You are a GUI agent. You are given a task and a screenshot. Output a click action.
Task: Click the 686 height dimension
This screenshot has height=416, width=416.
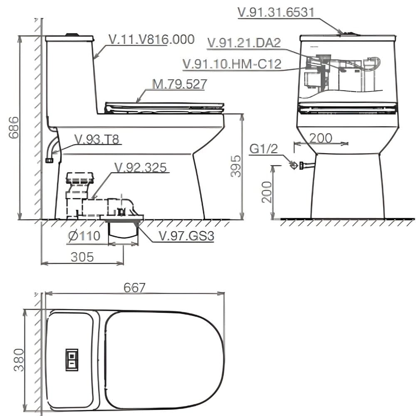pyautogui.click(x=14, y=128)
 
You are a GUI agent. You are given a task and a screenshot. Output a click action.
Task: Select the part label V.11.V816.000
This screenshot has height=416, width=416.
pyautogui.click(x=151, y=40)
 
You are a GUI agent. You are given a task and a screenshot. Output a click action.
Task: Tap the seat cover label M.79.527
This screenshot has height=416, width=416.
pyautogui.click(x=179, y=84)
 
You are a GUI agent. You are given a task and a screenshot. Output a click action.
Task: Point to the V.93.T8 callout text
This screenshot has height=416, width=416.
pyautogui.click(x=97, y=139)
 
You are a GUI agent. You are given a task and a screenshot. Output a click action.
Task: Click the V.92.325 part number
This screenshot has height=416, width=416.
pyautogui.click(x=140, y=167)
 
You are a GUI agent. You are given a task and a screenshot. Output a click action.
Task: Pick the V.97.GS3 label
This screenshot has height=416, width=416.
pyautogui.click(x=186, y=236)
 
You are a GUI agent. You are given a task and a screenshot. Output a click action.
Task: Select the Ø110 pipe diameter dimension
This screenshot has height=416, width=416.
pyautogui.click(x=84, y=236)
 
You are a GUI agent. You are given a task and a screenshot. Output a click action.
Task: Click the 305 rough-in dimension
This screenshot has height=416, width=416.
pyautogui.click(x=82, y=257)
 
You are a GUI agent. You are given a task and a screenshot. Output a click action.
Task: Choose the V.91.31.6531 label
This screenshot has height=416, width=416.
pyautogui.click(x=275, y=12)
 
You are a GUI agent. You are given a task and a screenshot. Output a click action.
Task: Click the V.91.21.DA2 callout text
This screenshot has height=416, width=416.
pyautogui.click(x=244, y=43)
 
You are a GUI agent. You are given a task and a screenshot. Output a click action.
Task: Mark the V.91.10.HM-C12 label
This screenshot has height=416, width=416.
pyautogui.click(x=232, y=64)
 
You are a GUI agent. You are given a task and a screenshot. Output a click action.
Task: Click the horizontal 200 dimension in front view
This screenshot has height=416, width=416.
pyautogui.click(x=321, y=138)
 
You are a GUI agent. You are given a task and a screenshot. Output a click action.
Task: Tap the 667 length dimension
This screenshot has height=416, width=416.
pyautogui.click(x=134, y=287)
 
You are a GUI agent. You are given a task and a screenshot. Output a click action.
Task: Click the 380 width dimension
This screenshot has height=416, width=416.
pyautogui.click(x=18, y=360)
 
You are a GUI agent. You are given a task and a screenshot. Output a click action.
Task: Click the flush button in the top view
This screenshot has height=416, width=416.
pyautogui.click(x=71, y=359)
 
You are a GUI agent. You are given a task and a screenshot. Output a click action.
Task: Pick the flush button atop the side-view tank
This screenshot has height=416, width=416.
pyautogui.click(x=72, y=35)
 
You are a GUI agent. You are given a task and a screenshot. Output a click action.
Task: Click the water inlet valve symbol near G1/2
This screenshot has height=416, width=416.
pyautogui.click(x=294, y=165)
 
